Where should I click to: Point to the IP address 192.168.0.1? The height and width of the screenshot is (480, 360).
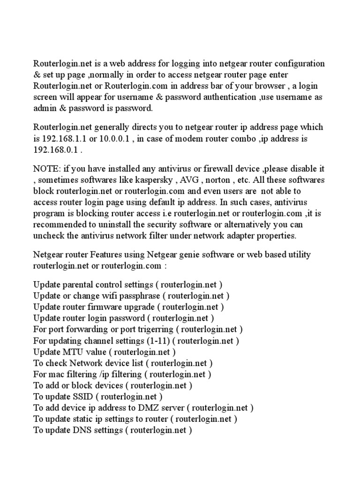[x=55, y=150]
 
